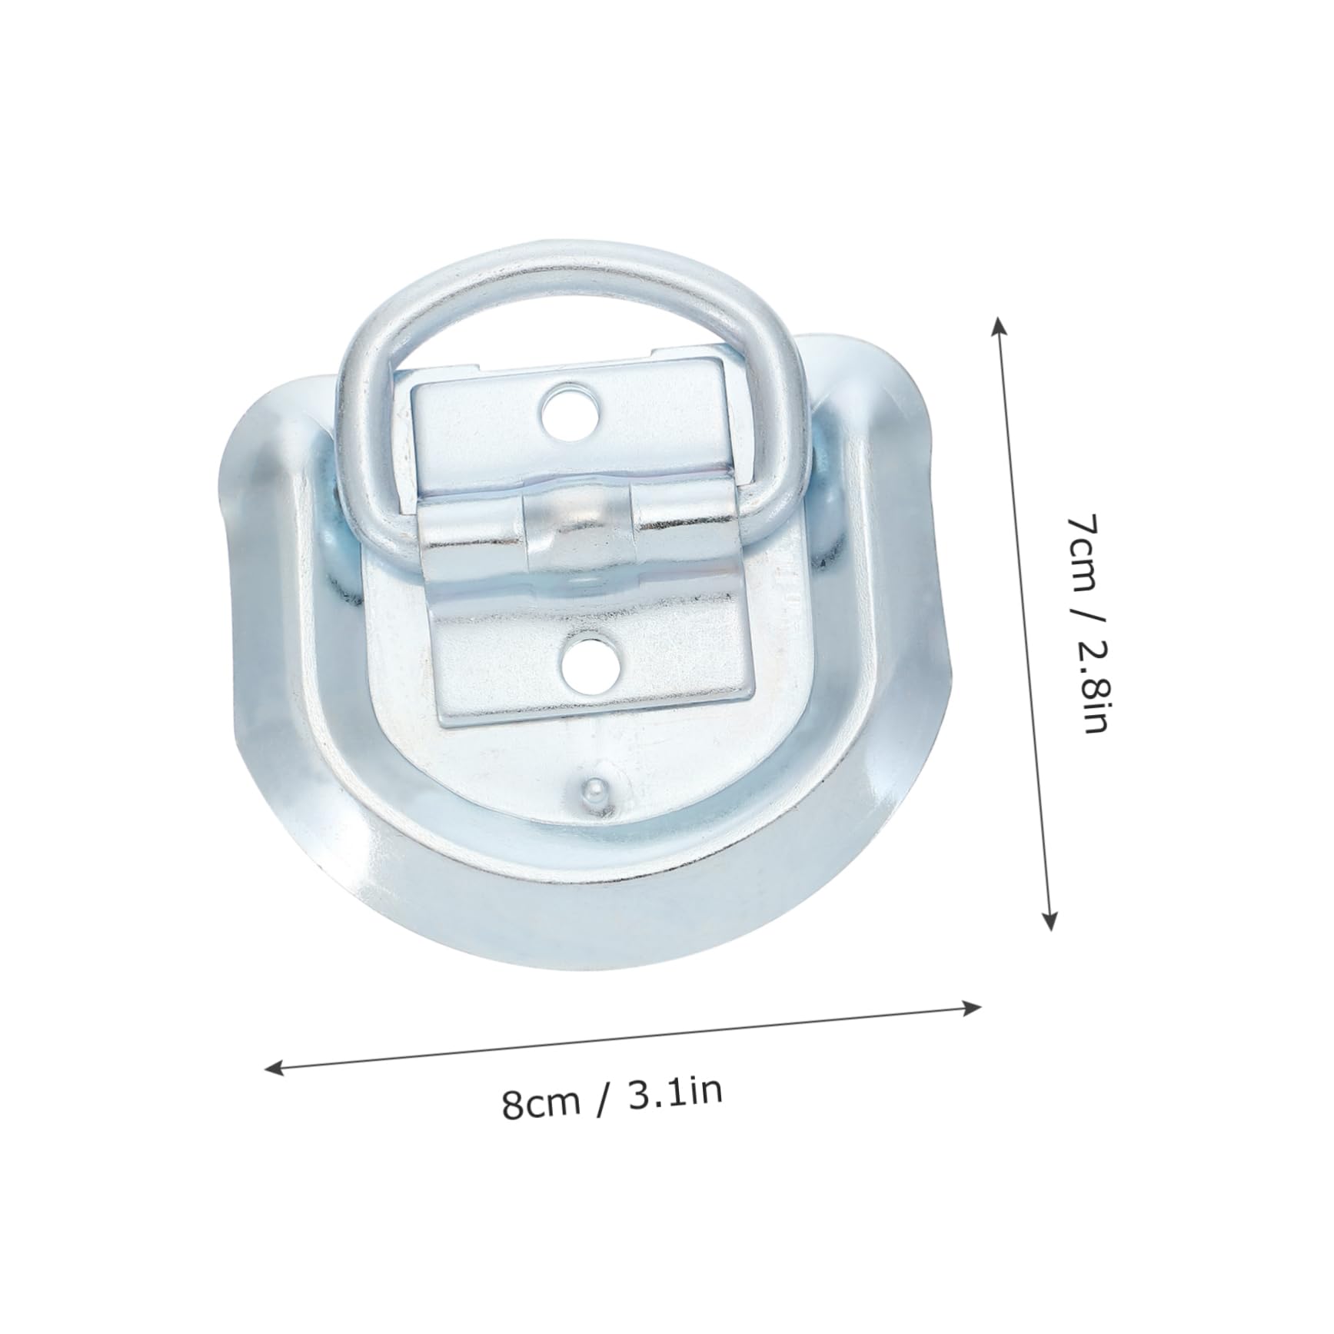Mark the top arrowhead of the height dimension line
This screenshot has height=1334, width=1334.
[x=998, y=323]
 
